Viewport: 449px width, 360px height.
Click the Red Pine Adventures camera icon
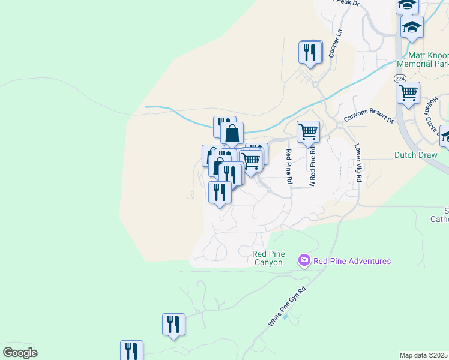pyautogui.click(x=304, y=260)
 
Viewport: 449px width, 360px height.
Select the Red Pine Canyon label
pyautogui.click(x=268, y=258)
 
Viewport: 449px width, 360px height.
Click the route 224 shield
pyautogui.click(x=400, y=79)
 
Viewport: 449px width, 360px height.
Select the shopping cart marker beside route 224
pyautogui.click(x=408, y=93)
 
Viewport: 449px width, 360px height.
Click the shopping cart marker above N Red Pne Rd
pyautogui.click(x=308, y=131)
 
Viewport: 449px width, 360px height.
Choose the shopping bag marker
pyautogui.click(x=232, y=133)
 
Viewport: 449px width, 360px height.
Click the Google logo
pyautogui.click(x=20, y=353)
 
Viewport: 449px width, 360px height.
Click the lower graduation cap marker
pyautogui.click(x=412, y=27)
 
